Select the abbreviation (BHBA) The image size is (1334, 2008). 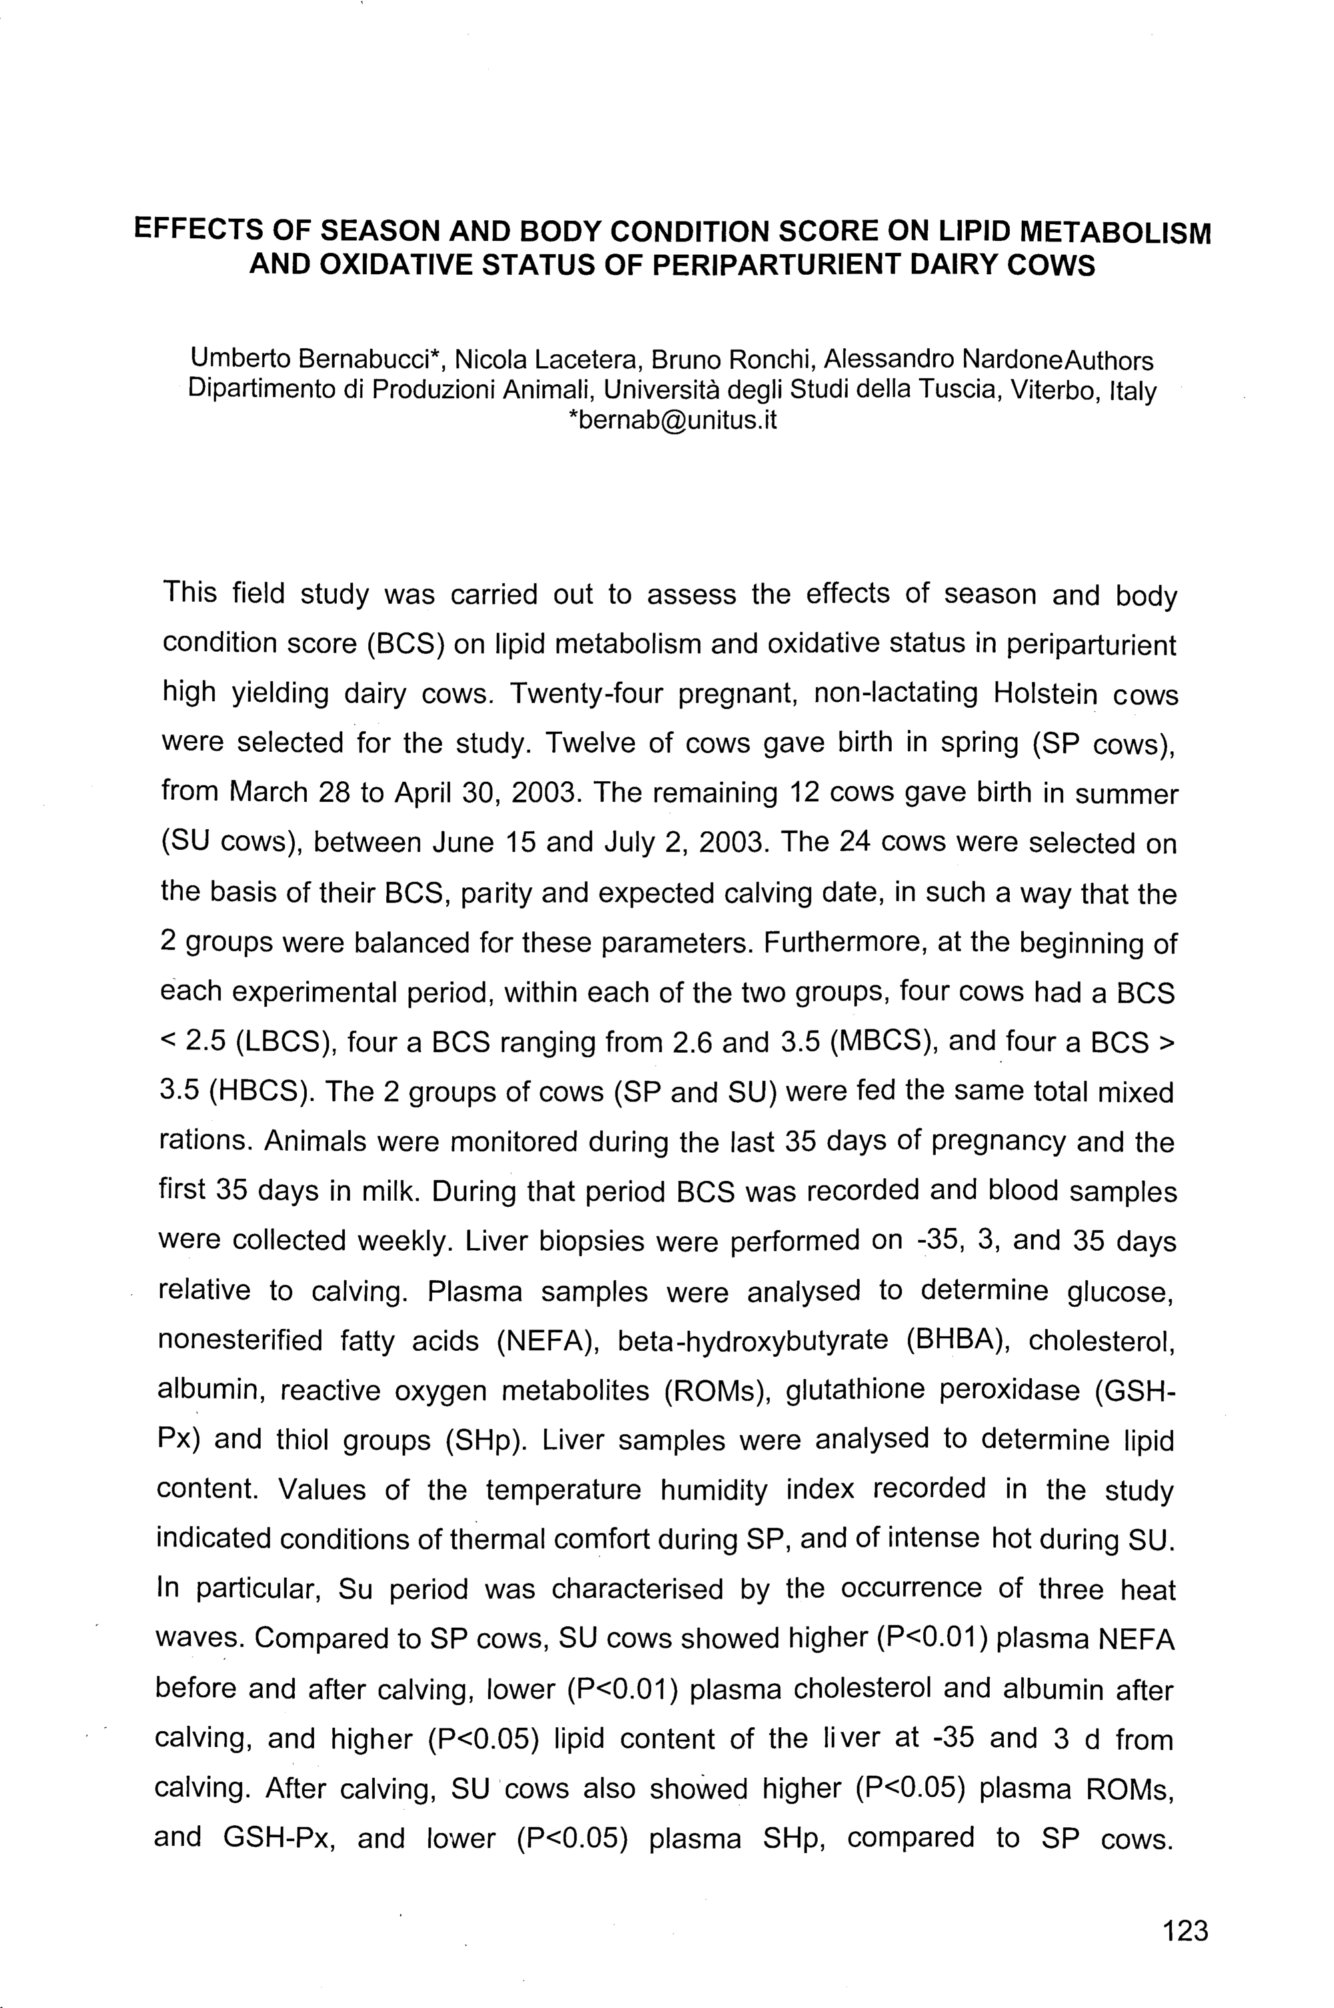pos(958,1340)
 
